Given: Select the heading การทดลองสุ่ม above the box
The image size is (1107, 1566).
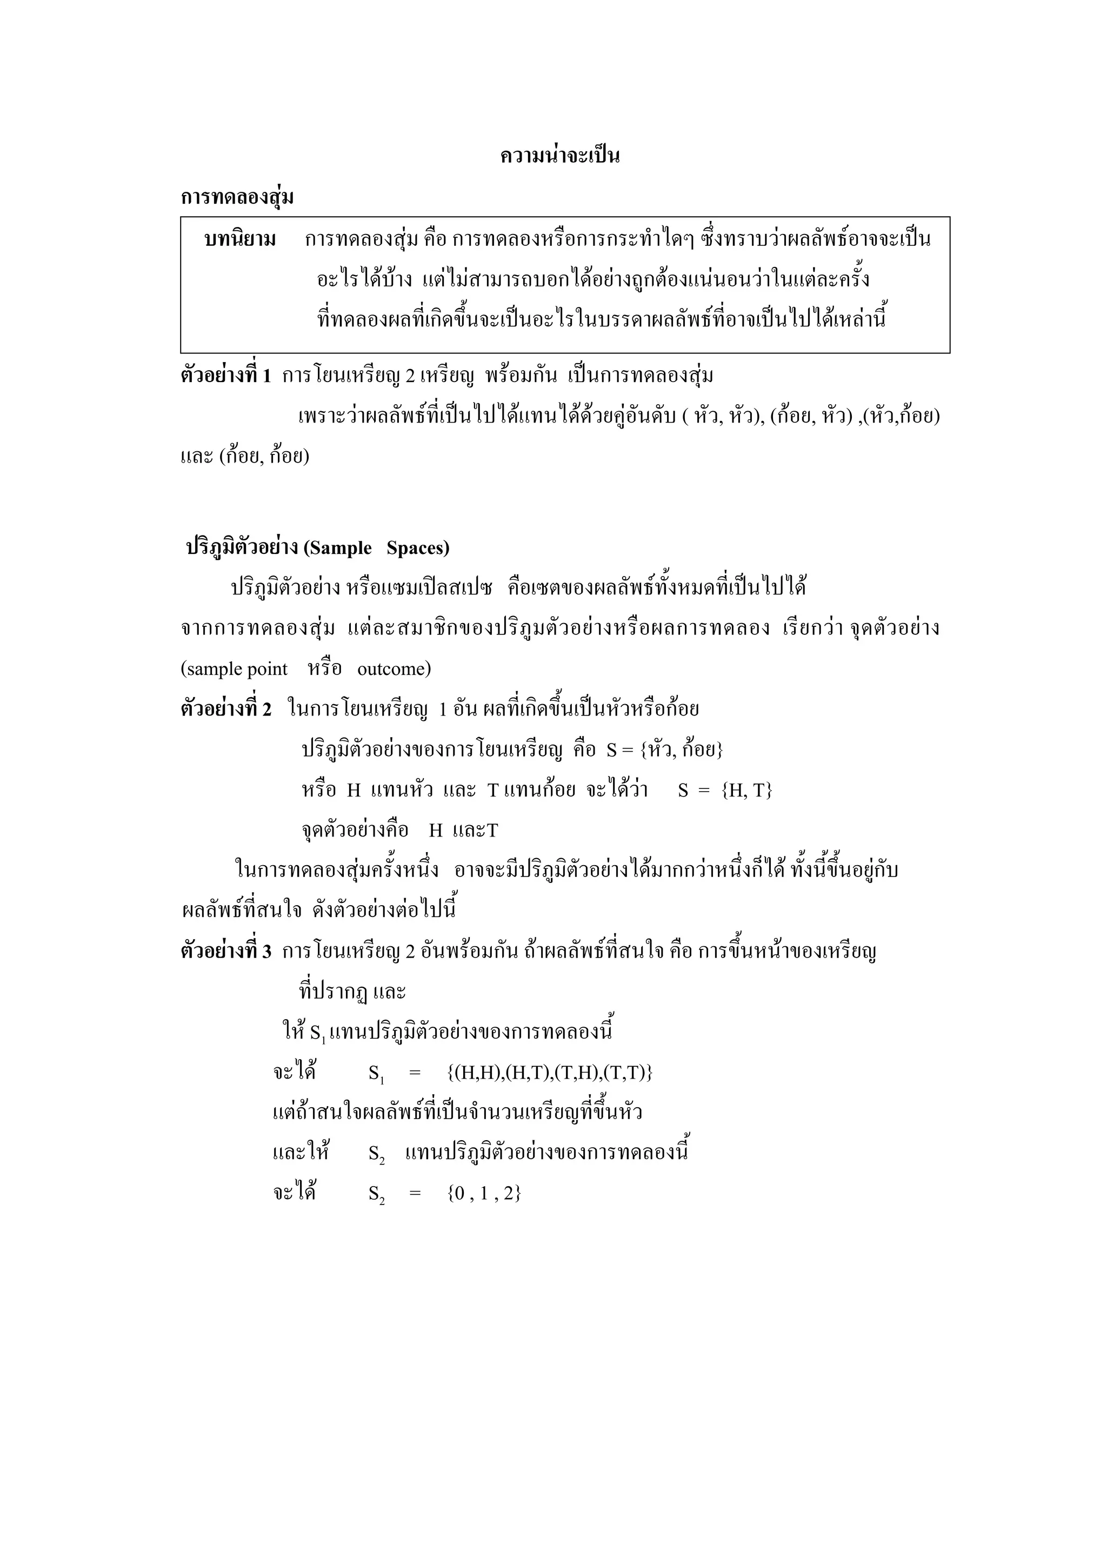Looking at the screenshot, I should tap(237, 198).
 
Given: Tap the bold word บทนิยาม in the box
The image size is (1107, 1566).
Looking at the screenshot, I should tap(240, 240).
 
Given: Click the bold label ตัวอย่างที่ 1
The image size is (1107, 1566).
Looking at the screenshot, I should tap(226, 376).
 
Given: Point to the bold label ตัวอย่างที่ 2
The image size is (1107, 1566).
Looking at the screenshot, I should tap(226, 710).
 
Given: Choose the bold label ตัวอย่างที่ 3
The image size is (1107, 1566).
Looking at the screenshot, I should tap(226, 952).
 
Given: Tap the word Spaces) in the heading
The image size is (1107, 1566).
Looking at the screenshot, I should tap(417, 548).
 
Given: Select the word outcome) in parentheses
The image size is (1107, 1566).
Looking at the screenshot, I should tap(394, 669).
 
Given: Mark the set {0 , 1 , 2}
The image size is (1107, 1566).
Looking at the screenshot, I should tap(484, 1194).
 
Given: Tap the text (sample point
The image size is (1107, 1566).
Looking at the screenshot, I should tap(234, 669).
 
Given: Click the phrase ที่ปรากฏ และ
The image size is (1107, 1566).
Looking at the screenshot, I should tap(352, 992).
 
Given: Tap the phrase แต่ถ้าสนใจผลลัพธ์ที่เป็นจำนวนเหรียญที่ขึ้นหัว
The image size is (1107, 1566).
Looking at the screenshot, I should tap(457, 1113).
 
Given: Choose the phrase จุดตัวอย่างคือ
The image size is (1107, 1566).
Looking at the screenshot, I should tap(355, 831).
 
